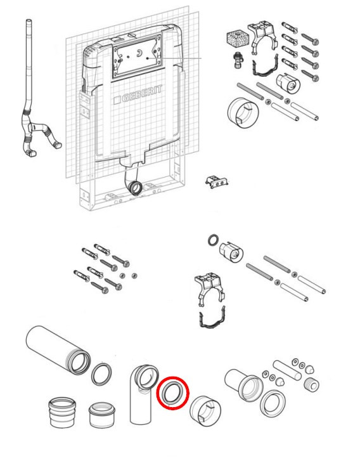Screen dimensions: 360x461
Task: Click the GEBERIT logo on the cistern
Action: pos(138,94)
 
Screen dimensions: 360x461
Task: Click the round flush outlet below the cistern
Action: pos(135,188)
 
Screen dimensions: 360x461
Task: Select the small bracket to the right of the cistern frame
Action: pos(217,181)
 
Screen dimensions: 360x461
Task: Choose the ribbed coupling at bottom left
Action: pos(62,412)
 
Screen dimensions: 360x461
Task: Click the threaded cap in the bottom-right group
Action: pos(311,384)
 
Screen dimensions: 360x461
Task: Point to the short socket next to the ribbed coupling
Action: pos(101,415)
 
